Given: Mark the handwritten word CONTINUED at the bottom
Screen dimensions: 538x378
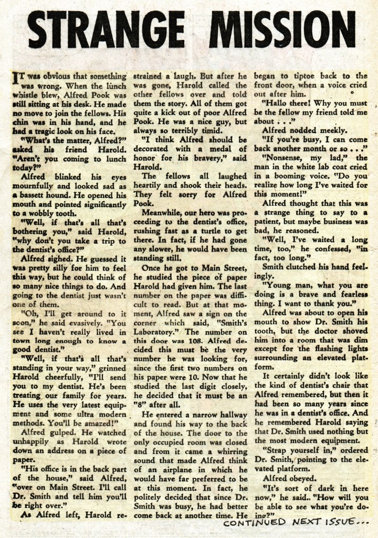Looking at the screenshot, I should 254,523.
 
